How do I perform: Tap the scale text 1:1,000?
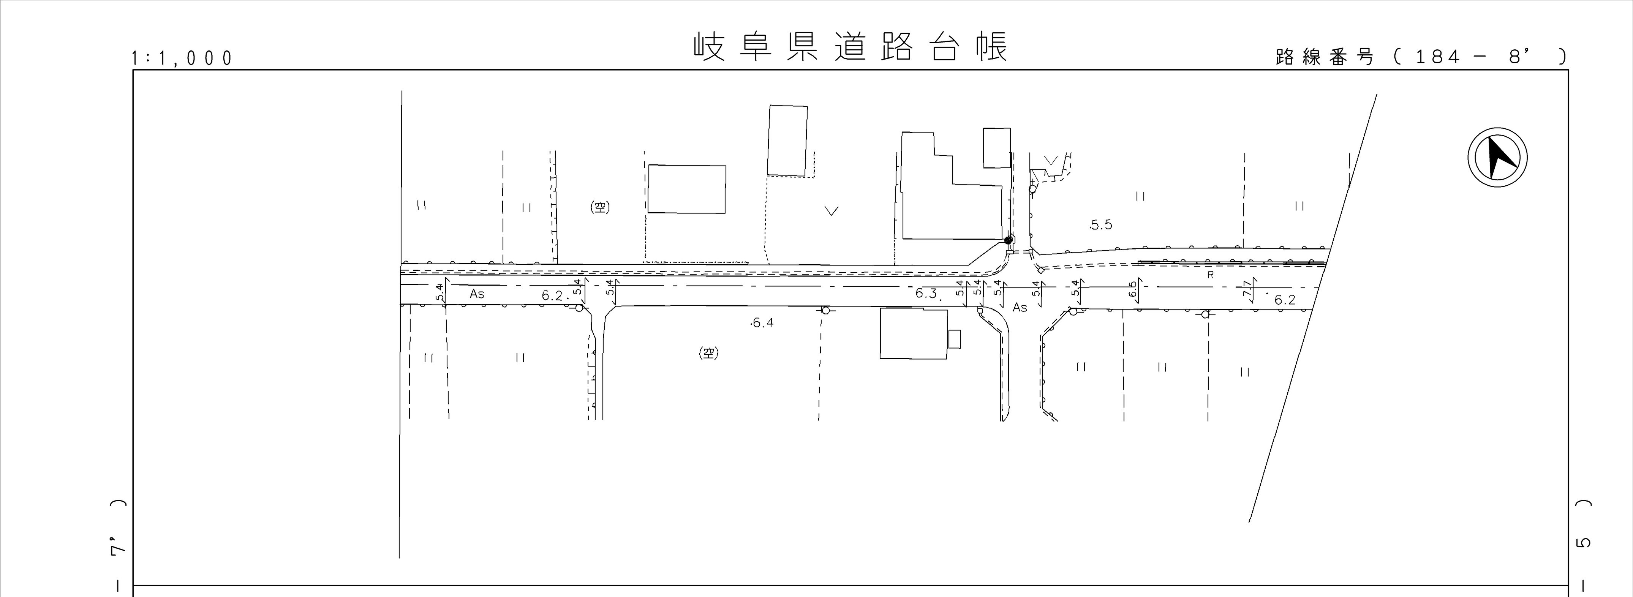(182, 58)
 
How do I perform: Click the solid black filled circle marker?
(1009, 240)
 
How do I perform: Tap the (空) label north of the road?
(600, 207)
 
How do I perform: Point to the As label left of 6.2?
(477, 294)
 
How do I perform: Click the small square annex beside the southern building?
(955, 339)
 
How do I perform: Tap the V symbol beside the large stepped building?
(832, 210)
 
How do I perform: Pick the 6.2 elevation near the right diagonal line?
(1285, 300)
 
